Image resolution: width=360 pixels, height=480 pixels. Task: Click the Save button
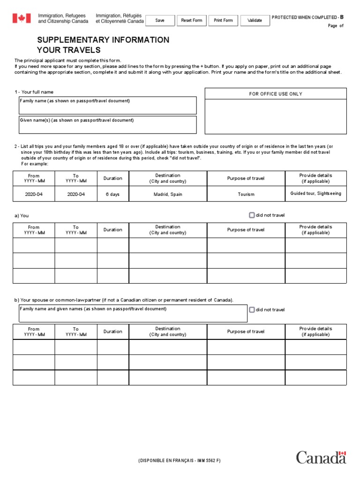pyautogui.click(x=160, y=21)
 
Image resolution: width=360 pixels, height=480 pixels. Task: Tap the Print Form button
pyautogui.click(x=223, y=21)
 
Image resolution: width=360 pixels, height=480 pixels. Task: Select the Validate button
pyautogui.click(x=255, y=21)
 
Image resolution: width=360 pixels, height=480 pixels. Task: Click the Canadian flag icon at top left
pyautogui.click(x=22, y=19)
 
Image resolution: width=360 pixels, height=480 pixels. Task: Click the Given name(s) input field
pyautogui.click(x=107, y=125)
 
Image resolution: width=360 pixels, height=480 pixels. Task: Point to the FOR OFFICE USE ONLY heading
pyautogui.click(x=276, y=94)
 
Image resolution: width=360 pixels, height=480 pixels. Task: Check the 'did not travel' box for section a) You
pyautogui.click(x=252, y=215)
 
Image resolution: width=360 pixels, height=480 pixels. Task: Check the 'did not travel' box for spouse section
pyautogui.click(x=252, y=309)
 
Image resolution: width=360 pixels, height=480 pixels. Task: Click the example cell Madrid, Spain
pyautogui.click(x=168, y=194)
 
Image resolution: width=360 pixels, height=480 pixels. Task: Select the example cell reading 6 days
pyautogui.click(x=112, y=194)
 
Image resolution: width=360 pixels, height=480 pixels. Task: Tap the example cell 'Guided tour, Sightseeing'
pyautogui.click(x=315, y=194)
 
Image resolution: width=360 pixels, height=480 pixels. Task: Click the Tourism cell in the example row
pyautogui.click(x=246, y=194)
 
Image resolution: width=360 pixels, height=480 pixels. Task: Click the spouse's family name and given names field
pyautogui.click(x=133, y=314)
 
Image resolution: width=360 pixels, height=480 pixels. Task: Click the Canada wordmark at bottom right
pyautogui.click(x=321, y=457)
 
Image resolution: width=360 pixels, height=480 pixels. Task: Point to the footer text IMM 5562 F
pyautogui.click(x=204, y=461)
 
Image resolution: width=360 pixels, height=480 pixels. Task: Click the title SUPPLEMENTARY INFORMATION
pyautogui.click(x=103, y=40)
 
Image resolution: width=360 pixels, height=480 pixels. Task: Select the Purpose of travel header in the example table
pyautogui.click(x=246, y=179)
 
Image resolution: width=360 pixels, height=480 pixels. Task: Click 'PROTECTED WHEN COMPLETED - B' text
pyautogui.click(x=307, y=17)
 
